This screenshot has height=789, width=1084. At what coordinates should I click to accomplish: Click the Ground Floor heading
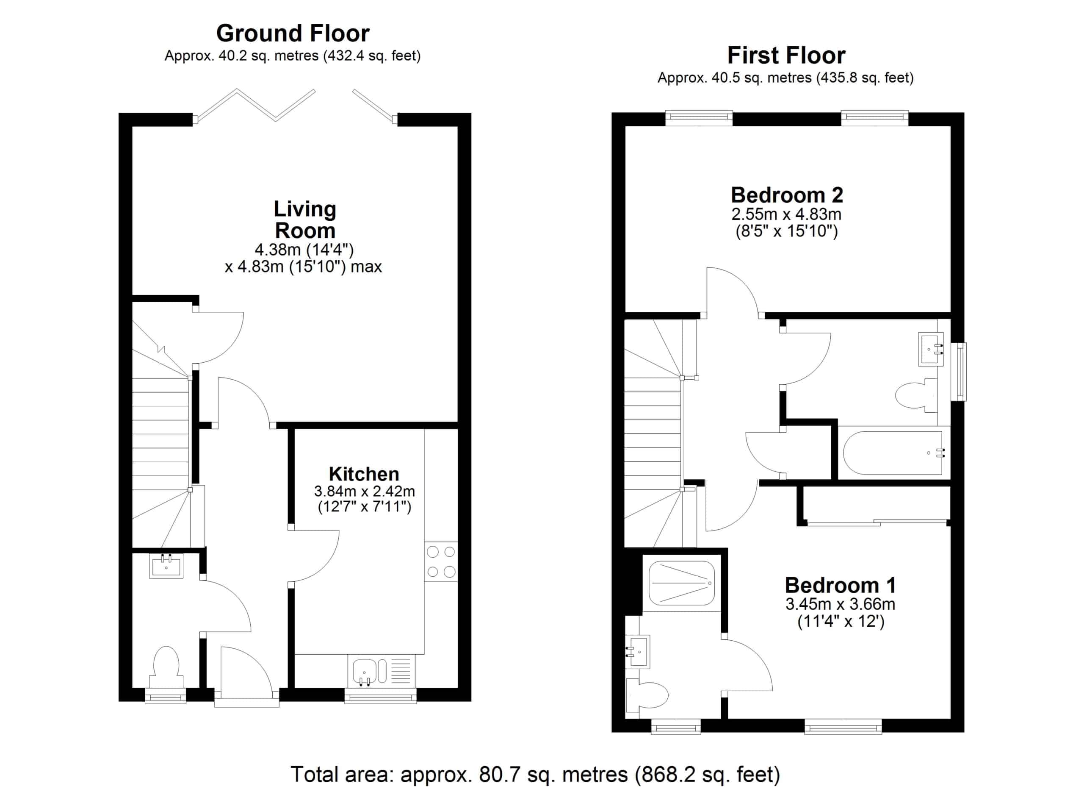293,33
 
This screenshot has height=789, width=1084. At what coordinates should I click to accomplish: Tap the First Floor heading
786,56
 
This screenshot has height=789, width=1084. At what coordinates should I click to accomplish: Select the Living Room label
305,219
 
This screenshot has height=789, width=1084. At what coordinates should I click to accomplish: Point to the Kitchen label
364,474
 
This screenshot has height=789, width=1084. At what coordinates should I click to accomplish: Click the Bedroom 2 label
787,195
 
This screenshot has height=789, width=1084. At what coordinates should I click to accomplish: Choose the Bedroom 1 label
840,585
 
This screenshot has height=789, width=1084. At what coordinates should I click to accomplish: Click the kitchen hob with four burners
441,561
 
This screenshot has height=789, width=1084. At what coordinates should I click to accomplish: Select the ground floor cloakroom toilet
166,667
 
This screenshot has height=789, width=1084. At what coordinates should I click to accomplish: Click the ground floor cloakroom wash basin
166,566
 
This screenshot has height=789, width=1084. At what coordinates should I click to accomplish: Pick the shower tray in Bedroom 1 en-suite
682,583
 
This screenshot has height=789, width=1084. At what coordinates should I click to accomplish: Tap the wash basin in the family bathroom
931,349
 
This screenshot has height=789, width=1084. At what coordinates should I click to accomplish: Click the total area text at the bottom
535,774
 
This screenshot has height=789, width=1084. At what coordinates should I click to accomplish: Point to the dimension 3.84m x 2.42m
364,491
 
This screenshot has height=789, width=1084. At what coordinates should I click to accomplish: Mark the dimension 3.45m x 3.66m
840,604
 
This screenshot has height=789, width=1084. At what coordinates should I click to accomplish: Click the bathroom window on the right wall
958,372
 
